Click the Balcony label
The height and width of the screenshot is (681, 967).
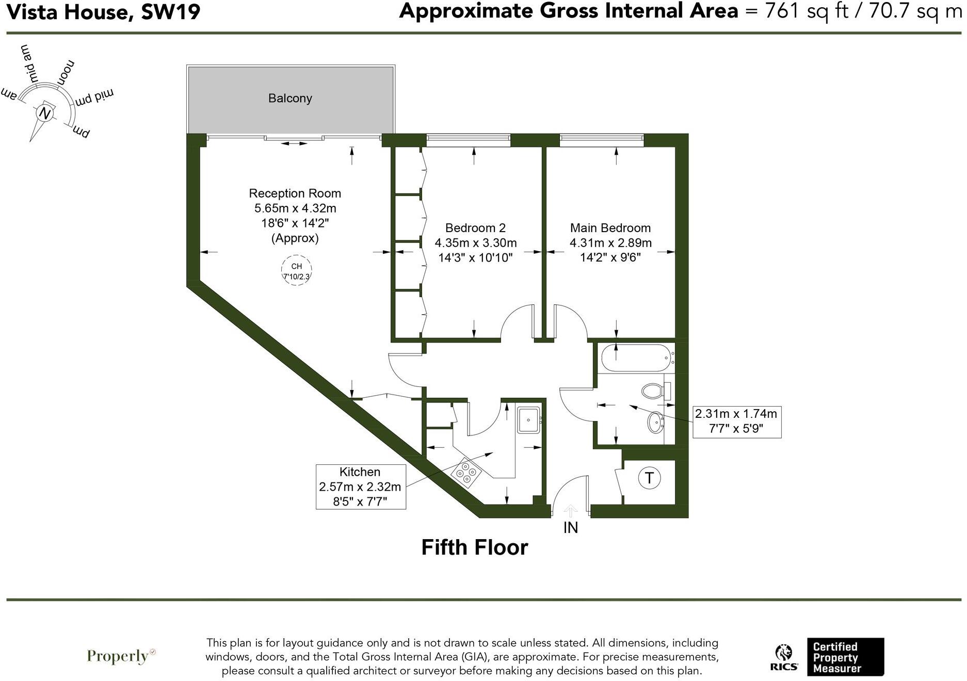[290, 98]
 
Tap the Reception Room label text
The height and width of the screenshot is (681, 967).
[295, 193]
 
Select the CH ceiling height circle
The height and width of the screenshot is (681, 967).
[296, 271]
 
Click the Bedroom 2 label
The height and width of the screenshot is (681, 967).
[475, 228]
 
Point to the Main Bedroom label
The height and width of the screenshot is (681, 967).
[610, 228]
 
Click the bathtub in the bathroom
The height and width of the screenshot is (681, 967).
[636, 358]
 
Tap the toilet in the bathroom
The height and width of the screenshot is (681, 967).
[654, 391]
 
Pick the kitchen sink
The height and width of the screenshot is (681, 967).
[529, 420]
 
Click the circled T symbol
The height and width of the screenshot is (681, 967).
[649, 478]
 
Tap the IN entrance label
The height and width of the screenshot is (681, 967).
[570, 527]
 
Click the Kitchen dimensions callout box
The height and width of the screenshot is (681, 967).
[360, 487]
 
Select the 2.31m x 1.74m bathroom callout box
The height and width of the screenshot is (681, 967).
[736, 421]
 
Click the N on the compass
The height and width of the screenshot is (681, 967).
[45, 113]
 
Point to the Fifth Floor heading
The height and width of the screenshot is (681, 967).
[475, 547]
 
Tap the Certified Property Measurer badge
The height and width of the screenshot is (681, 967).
[845, 657]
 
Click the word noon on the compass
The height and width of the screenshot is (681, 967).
[66, 73]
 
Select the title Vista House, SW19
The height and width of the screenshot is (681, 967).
[103, 11]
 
